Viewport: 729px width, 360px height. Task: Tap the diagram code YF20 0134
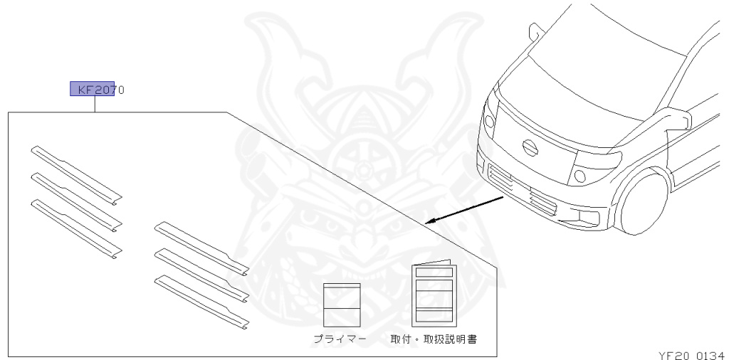(x=691, y=354)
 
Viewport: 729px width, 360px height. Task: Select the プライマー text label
(x=340, y=339)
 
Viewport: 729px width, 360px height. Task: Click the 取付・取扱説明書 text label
(x=434, y=339)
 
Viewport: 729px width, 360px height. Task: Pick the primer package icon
(x=342, y=305)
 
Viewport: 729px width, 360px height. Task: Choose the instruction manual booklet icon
(x=434, y=294)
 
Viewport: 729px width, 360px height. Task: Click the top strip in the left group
(x=76, y=174)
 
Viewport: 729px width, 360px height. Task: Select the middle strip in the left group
(x=76, y=201)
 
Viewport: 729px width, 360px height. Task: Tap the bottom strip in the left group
(x=76, y=228)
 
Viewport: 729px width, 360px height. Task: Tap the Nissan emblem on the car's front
(x=530, y=147)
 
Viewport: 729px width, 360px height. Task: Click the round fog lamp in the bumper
(x=580, y=175)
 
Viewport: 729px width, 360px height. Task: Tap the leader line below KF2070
(x=95, y=104)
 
